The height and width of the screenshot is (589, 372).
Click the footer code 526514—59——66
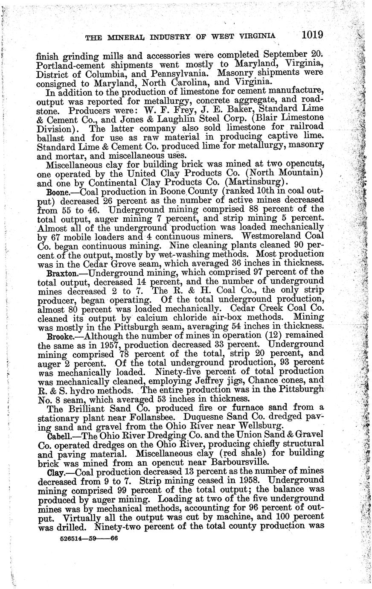[87, 539]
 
